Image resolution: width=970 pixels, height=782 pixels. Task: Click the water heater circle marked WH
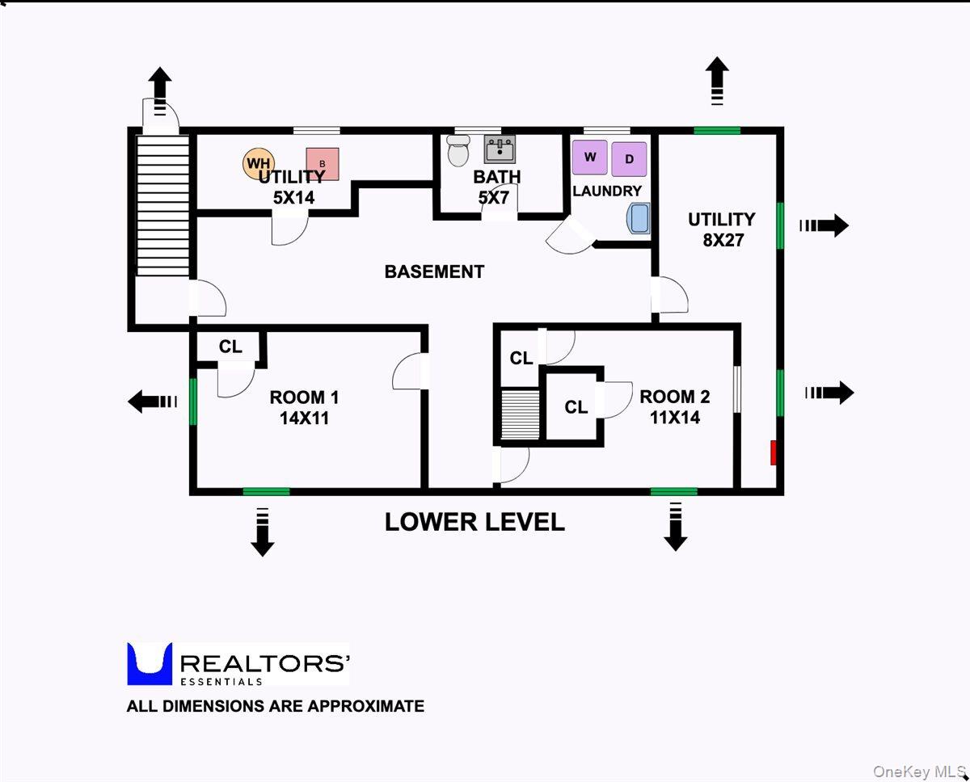[257, 163]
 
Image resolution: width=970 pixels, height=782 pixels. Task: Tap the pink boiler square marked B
[322, 164]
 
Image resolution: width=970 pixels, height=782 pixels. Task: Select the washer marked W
[590, 158]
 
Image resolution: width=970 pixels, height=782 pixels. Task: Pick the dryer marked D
[629, 158]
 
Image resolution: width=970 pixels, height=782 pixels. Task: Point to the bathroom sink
[500, 149]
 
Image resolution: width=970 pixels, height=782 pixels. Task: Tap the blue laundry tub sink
[639, 218]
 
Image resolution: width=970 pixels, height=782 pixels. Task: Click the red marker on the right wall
[773, 452]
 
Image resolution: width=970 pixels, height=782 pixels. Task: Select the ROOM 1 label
[304, 407]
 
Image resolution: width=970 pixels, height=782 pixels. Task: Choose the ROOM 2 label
[674, 407]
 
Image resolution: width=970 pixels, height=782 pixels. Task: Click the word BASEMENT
[434, 271]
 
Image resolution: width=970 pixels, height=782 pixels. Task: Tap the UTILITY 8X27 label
[722, 229]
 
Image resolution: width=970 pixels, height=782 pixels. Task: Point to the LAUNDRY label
[607, 191]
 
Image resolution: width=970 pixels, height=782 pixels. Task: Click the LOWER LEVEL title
[474, 522]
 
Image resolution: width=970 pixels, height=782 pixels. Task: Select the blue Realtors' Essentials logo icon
[150, 664]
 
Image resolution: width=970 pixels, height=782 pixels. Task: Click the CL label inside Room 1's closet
[230, 347]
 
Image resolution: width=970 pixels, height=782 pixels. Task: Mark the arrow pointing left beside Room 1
[152, 401]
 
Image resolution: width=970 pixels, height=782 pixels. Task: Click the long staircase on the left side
[162, 206]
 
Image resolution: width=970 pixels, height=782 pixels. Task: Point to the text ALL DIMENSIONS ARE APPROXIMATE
[275, 706]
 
